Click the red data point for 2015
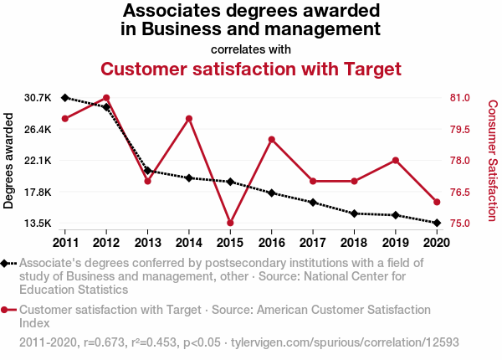click(x=230, y=223)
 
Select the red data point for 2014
click(x=189, y=118)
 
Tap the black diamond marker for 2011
click(x=65, y=98)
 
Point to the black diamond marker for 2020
click(x=436, y=223)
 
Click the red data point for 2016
click(x=271, y=139)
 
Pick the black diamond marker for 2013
click(x=147, y=171)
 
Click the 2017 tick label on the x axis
click(x=312, y=243)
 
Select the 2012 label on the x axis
click(x=106, y=243)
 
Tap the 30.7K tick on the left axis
click(x=38, y=98)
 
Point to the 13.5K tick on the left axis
click(x=38, y=224)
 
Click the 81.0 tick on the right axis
click(x=462, y=98)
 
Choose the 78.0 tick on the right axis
click(x=462, y=161)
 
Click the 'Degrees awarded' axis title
click(x=9, y=161)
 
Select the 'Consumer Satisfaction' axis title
click(x=493, y=161)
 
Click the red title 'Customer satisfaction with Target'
click(x=251, y=68)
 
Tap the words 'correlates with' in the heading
click(x=251, y=49)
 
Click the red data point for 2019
click(x=395, y=160)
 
